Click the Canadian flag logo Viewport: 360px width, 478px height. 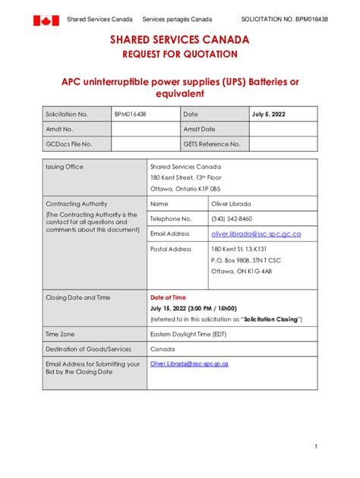[46, 20]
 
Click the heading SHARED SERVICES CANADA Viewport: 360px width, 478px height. [180, 39]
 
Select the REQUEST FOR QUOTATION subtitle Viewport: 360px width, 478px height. [180, 55]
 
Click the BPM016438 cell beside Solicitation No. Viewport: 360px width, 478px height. [131, 115]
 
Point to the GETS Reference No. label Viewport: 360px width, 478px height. [212, 143]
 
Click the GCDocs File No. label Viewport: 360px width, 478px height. [69, 143]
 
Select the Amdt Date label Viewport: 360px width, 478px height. [199, 129]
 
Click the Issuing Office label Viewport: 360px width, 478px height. [65, 167]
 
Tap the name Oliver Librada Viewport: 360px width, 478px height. [231, 204]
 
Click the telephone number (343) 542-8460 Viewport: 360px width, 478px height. [232, 219]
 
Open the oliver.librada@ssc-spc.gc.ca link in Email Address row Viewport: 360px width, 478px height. [256, 234]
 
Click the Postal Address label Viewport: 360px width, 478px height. [171, 249]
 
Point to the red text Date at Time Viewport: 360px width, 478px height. [168, 298]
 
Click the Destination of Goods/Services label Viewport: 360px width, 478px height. [88, 349]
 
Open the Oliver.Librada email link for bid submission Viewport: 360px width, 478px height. [189, 364]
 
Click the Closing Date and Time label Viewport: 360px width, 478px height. [78, 298]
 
